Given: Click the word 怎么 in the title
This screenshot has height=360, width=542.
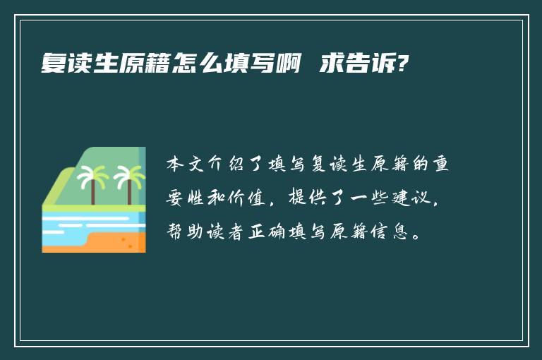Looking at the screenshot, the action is tap(198, 64).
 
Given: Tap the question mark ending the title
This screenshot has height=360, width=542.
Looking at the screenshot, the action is tap(403, 64).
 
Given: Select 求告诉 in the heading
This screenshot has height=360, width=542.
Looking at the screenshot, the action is tap(357, 64).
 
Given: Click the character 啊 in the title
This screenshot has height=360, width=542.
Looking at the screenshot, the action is tap(288, 64).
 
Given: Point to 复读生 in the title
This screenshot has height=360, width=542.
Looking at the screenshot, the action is tap(80, 64).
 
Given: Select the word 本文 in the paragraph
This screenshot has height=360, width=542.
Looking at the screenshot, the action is tap(186, 164).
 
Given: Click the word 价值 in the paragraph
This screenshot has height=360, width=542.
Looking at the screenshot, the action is tap(247, 198).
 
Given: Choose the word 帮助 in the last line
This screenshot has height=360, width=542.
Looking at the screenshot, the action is tap(186, 232).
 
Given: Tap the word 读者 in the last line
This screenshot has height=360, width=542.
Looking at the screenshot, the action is tap(226, 232).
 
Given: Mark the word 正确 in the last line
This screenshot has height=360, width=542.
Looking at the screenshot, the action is tap(267, 232).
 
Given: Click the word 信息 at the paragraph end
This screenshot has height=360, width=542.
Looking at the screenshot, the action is tap(390, 232).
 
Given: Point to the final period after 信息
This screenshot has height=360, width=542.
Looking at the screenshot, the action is tap(417, 237).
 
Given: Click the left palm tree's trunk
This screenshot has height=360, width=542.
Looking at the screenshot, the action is tap(93, 191).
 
